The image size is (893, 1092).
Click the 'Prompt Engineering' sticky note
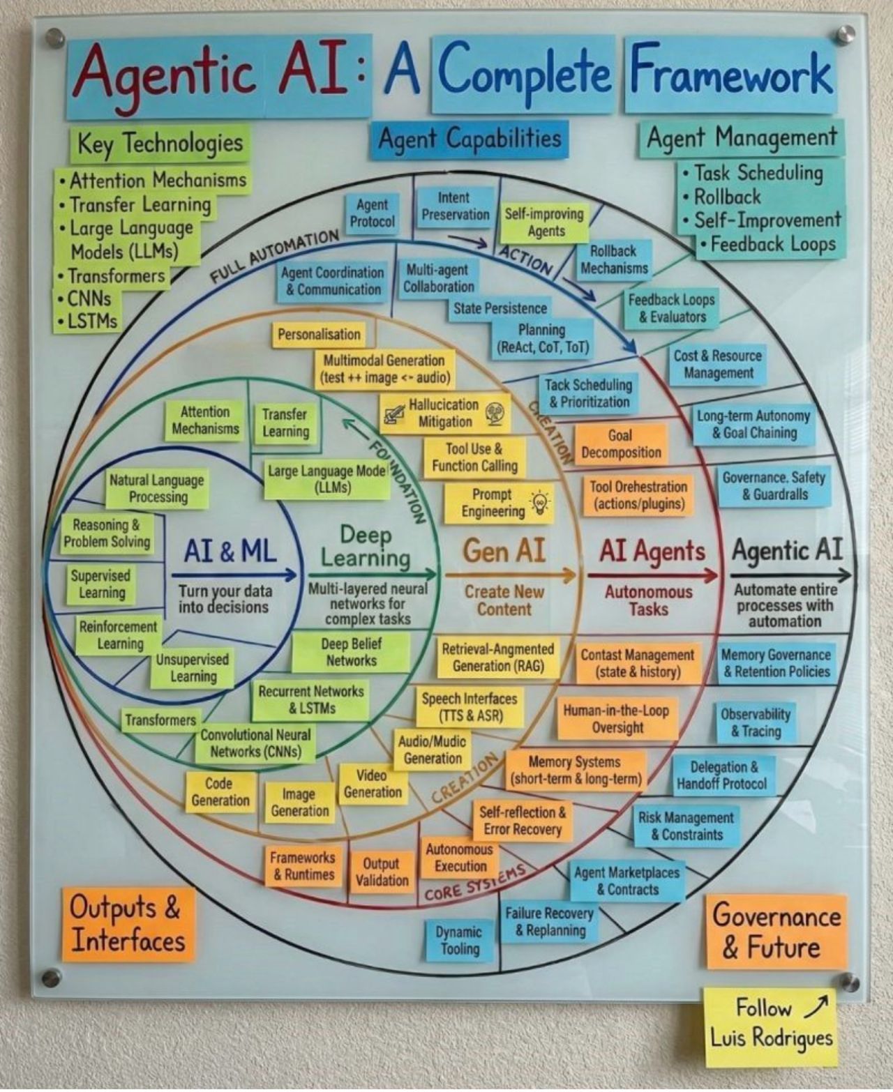tap(499, 503)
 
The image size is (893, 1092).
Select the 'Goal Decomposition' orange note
tap(620, 443)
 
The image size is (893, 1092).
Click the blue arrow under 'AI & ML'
tap(234, 575)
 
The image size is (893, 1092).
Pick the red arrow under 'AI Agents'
tap(652, 575)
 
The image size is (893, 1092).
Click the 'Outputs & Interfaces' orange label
tap(128, 924)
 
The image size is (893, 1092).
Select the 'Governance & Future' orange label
tap(776, 932)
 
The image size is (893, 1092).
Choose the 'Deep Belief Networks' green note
tap(351, 653)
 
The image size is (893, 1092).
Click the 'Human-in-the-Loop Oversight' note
tap(617, 719)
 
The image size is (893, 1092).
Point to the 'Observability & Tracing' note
tap(756, 723)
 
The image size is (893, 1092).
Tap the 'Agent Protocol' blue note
tap(372, 213)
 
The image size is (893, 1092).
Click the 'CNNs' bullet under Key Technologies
tap(84, 298)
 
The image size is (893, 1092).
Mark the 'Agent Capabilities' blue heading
tap(470, 139)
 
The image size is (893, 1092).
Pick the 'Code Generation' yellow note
tap(220, 791)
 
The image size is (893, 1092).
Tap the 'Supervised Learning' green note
tap(101, 584)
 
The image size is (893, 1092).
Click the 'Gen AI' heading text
tap(504, 550)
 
